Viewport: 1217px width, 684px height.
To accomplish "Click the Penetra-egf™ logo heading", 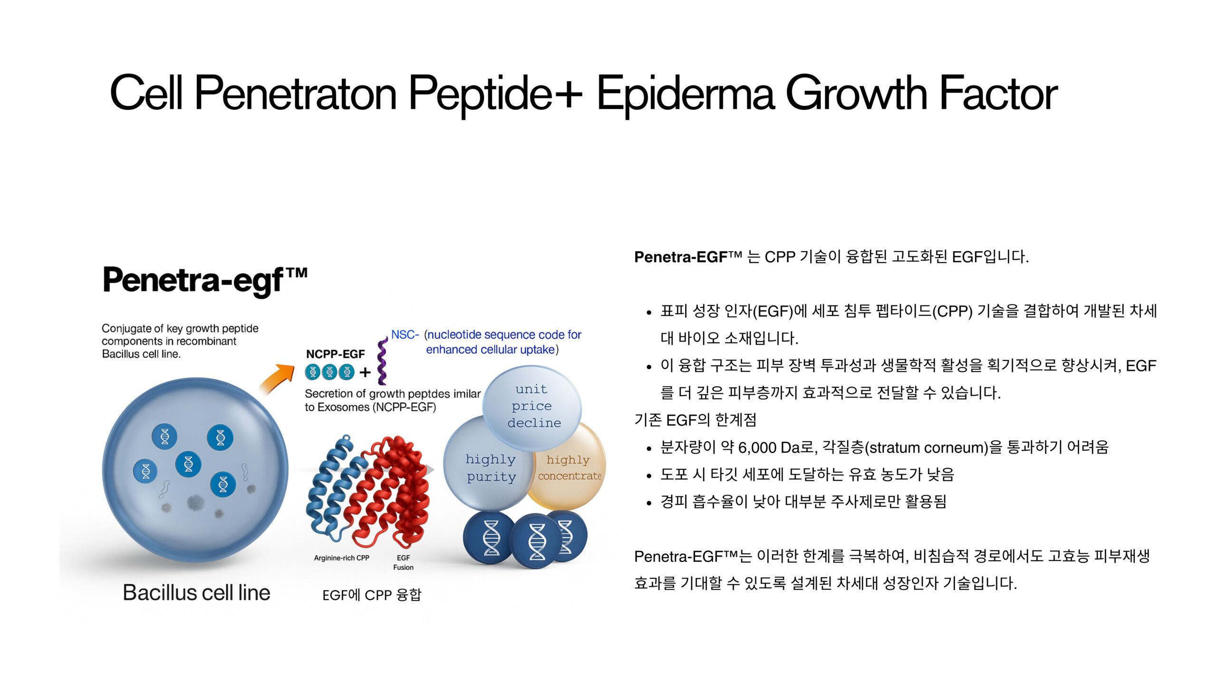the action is tap(205, 280).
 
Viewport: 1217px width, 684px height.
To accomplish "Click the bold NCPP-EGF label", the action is tap(335, 354).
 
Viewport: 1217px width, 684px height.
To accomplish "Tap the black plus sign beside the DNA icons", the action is tap(365, 372).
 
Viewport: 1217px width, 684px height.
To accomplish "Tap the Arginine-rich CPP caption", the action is tap(341, 558).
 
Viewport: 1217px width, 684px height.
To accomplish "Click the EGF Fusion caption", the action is tap(403, 562).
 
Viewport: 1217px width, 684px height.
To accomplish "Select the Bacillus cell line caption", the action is tap(196, 593).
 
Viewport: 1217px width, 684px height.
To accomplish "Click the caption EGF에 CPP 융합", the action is tap(372, 595).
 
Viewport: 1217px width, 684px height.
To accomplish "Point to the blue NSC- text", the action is tap(405, 335).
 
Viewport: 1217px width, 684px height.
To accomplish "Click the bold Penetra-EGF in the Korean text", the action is tap(681, 257).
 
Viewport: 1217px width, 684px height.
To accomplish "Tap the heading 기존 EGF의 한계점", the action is tap(695, 420).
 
